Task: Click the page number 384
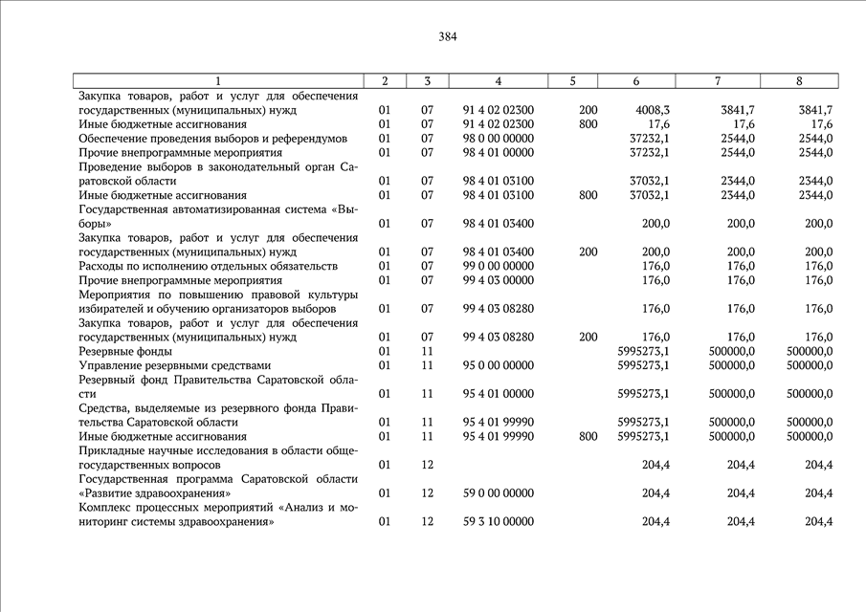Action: [x=448, y=37]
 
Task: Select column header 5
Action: [x=572, y=81]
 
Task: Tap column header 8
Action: [x=799, y=81]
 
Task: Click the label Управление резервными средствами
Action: [x=175, y=366]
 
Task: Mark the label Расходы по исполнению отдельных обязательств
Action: [x=209, y=267]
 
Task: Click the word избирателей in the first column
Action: [x=112, y=309]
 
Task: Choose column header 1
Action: [x=218, y=81]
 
